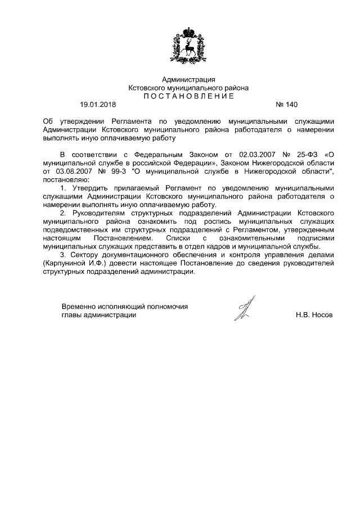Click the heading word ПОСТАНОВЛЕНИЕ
(188, 96)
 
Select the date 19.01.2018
(98, 105)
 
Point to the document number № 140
(286, 105)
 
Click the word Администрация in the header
(188, 80)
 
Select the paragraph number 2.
(63, 214)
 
